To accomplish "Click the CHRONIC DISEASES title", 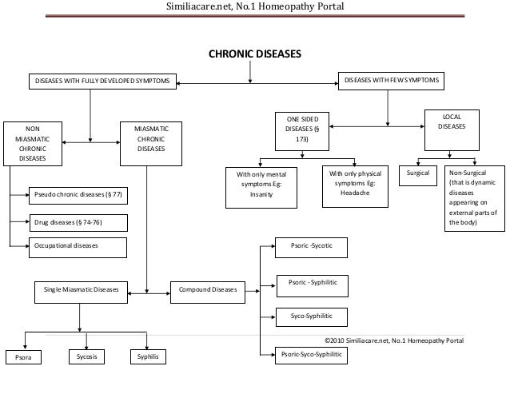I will (x=255, y=57).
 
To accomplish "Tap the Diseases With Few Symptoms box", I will (x=391, y=82).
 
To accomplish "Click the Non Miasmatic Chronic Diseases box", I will (x=32, y=143).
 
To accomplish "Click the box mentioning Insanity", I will (x=261, y=187).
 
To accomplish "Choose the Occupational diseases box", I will (x=78, y=246).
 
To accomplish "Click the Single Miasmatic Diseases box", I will (x=80, y=290).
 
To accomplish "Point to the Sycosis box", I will (x=86, y=356).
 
